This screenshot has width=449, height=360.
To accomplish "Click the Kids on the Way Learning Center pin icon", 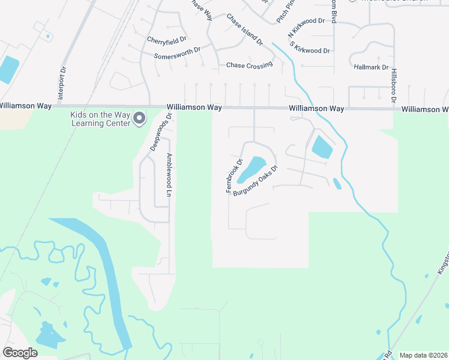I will pyautogui.click(x=140, y=119).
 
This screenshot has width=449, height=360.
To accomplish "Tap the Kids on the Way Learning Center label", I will pyautogui.click(x=100, y=119).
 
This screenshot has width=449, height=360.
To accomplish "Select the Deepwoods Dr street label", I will pyautogui.click(x=161, y=131).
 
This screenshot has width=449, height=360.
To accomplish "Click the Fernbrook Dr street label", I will pyautogui.click(x=234, y=176).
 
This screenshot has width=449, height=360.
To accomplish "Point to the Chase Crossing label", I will pyautogui.click(x=249, y=65).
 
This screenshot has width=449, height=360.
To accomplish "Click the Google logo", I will pyautogui.click(x=20, y=353).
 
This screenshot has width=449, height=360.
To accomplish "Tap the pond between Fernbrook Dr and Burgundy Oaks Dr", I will pyautogui.click(x=252, y=169).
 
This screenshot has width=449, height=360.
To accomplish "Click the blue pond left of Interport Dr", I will pyautogui.click(x=8, y=70).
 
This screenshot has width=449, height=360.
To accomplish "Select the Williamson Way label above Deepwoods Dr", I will pyautogui.click(x=194, y=107).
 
